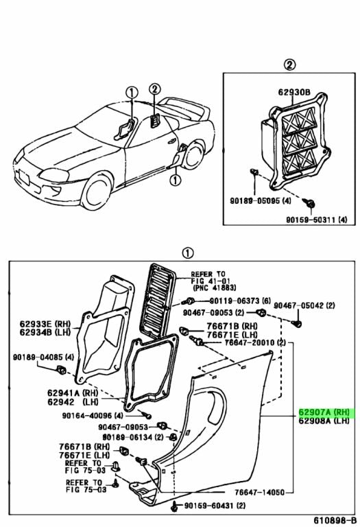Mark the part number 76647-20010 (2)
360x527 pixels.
click(249, 342)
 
